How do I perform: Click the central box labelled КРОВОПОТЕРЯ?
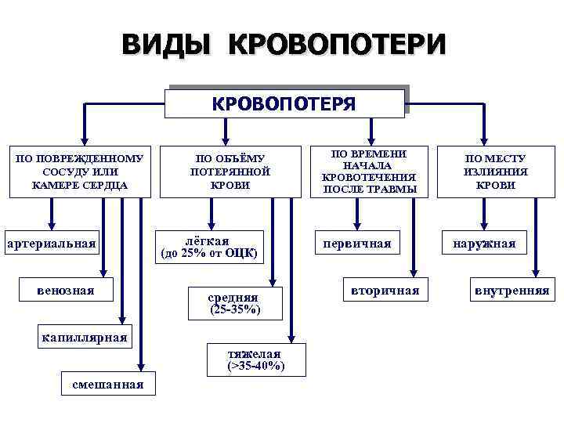click(286, 103)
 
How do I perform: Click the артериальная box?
click(51, 244)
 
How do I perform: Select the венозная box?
click(65, 291)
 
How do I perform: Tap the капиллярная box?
click(85, 338)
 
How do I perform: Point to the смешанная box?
click(107, 384)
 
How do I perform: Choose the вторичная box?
click(384, 290)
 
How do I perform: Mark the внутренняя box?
click(512, 291)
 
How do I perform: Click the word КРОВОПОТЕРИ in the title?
click(337, 45)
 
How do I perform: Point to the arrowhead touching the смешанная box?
click(142, 365)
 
